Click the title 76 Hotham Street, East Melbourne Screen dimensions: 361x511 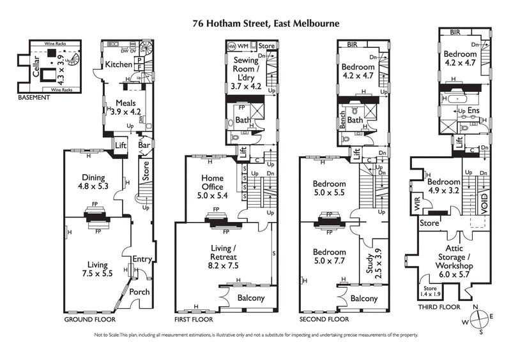(x=266, y=23)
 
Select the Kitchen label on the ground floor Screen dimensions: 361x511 (x=119, y=64)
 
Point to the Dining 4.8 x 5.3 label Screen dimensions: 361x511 (x=94, y=182)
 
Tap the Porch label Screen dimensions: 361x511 (x=139, y=291)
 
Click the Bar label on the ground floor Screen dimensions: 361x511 (x=145, y=145)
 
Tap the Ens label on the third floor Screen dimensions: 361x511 (x=473, y=111)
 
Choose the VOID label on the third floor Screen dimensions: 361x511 (x=484, y=203)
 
